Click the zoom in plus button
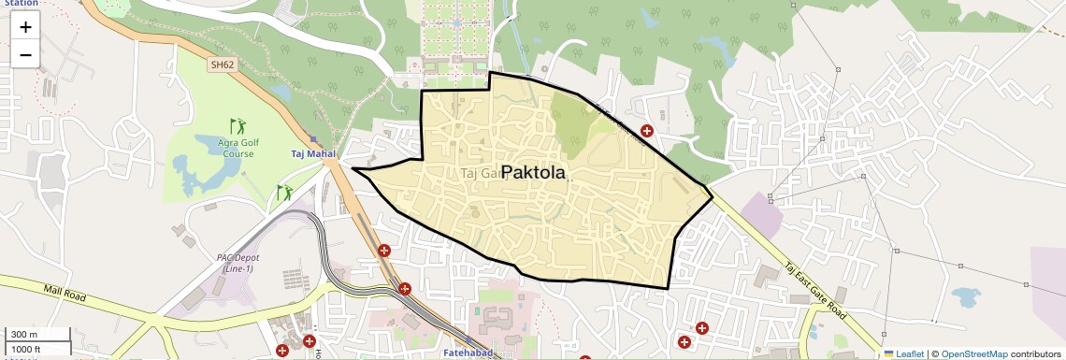25,26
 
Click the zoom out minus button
25,54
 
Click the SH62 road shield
222,65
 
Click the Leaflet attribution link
903,353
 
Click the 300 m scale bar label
24,334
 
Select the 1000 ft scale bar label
26,349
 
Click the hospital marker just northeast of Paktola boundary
646,132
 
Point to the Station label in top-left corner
21,4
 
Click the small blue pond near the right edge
965,297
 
